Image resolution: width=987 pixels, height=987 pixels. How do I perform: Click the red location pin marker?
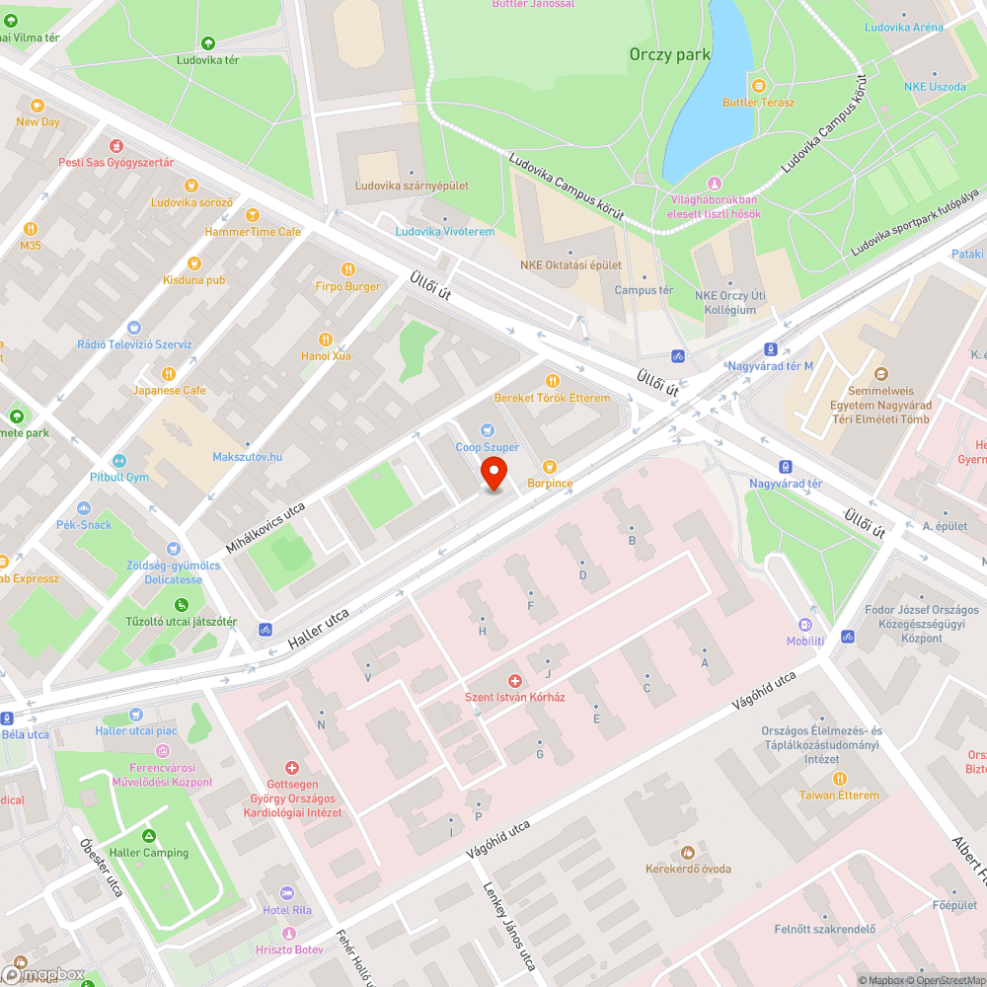[493, 475]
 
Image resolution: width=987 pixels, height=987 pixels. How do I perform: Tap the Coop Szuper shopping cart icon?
[487, 430]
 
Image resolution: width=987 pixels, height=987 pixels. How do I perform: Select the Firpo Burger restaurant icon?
[347, 269]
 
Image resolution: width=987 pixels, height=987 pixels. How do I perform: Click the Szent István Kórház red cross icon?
[514, 681]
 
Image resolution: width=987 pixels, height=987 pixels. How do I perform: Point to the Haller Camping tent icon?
[150, 835]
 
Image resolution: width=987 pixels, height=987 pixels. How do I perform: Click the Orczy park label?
[670, 55]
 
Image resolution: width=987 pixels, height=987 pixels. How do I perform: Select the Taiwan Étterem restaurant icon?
[839, 778]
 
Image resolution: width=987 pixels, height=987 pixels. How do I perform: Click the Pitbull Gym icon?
[119, 461]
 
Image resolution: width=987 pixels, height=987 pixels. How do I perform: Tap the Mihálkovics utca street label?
[265, 527]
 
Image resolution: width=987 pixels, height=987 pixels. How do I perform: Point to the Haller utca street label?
[319, 629]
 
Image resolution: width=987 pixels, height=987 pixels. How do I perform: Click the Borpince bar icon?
[550, 466]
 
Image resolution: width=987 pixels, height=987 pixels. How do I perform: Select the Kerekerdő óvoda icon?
[688, 852]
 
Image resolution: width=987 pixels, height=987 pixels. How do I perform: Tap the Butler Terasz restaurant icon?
[758, 85]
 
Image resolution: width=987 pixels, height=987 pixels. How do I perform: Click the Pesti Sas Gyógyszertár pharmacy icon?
[115, 146]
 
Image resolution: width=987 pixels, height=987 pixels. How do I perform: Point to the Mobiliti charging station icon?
[805, 624]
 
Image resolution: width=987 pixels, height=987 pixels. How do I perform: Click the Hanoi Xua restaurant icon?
[327, 339]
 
